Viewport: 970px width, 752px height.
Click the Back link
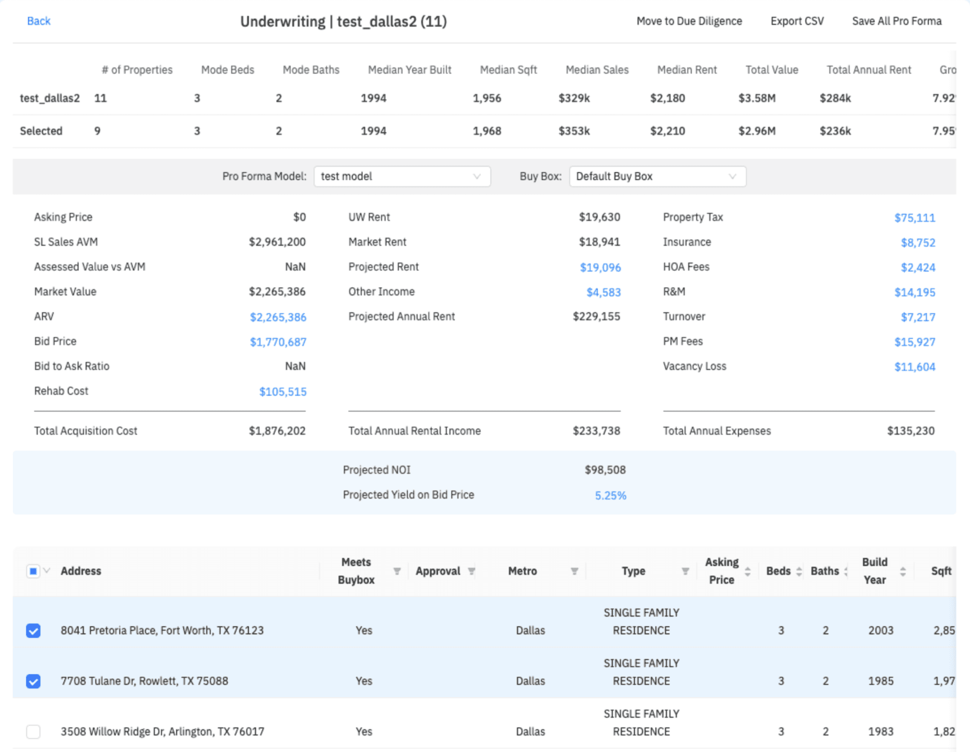pos(39,21)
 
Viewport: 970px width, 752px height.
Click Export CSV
pos(797,21)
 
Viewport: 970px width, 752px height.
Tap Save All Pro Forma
pos(896,21)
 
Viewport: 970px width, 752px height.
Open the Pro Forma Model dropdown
pos(402,177)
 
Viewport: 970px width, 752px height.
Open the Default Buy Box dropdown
pos(657,177)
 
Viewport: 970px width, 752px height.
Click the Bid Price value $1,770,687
pos(278,342)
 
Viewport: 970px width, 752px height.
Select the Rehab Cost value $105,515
pos(283,392)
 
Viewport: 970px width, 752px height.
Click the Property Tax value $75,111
pos(915,218)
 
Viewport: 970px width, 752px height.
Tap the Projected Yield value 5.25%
pos(610,495)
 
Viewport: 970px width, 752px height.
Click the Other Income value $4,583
pos(603,292)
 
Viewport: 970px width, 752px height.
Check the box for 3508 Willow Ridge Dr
pos(33,732)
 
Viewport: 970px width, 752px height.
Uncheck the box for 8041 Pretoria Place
pos(33,631)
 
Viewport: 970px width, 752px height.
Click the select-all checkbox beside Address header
pos(33,571)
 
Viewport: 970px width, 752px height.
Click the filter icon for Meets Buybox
pos(397,571)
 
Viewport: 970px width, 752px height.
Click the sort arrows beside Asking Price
pos(747,571)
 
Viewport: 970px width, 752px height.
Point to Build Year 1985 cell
pos(881,681)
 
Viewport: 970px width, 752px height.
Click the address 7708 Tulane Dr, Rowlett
pos(145,681)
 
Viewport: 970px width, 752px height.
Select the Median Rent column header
pos(686,70)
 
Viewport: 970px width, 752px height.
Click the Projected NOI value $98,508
pos(605,470)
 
